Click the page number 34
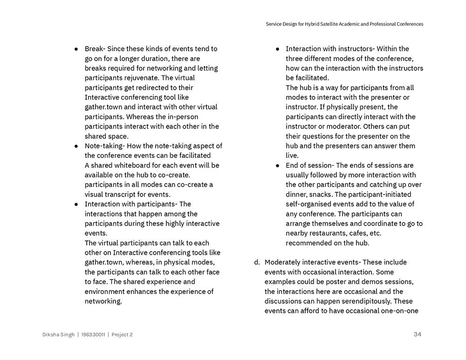click(x=417, y=334)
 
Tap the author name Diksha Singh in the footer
click(x=58, y=334)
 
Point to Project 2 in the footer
click(x=122, y=334)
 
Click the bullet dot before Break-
click(x=76, y=49)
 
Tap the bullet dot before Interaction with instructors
click(x=278, y=49)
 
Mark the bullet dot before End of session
click(x=278, y=165)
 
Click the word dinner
click(x=296, y=194)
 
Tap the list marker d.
click(x=257, y=262)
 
